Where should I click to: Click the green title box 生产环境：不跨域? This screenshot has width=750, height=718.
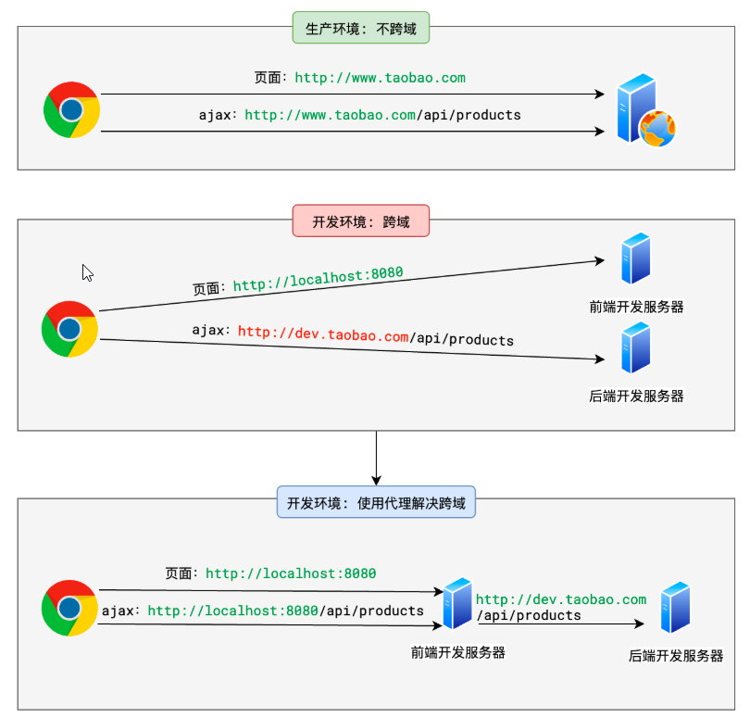(361, 28)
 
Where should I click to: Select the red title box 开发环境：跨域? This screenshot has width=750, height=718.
(361, 220)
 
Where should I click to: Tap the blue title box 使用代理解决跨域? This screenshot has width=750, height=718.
(376, 502)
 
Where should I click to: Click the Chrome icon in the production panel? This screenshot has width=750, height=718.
(71, 109)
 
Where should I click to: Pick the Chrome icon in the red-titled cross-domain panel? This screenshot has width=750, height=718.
(69, 329)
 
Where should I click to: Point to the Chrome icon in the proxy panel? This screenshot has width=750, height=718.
(69, 608)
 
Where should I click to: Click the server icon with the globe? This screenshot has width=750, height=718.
(645, 109)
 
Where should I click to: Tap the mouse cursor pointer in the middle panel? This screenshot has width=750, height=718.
(87, 272)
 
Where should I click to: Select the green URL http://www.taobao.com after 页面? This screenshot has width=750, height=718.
(380, 78)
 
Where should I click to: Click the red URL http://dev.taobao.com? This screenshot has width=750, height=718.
(323, 334)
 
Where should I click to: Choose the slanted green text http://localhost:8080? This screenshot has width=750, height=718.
(319, 279)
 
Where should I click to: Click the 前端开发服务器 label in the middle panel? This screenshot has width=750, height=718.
(636, 307)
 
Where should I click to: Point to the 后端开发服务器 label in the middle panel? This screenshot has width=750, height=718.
(636, 396)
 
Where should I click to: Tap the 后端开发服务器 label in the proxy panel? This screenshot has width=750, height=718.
(675, 656)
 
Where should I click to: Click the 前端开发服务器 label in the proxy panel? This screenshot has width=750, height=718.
(457, 652)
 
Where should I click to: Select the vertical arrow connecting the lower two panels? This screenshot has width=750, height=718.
(377, 458)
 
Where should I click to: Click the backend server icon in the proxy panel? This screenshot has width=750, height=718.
(675, 607)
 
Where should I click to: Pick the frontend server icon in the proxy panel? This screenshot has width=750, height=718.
(457, 603)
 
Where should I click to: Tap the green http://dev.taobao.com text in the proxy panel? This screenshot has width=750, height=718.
(561, 599)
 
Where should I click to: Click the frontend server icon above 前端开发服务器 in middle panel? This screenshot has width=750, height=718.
(636, 258)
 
